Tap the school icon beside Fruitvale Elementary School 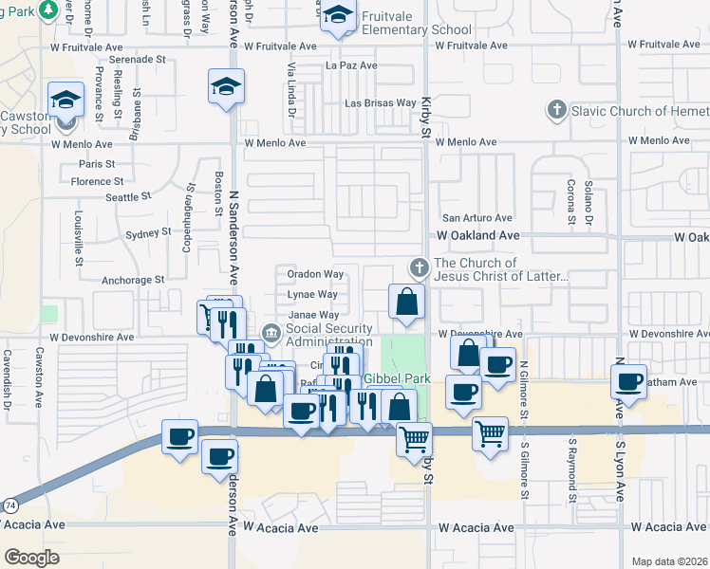[x=337, y=16]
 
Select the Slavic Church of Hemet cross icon [x=557, y=110]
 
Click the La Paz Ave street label [x=351, y=66]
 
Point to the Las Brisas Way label [x=380, y=103]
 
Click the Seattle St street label [x=128, y=197]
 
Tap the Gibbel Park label [x=398, y=379]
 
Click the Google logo [x=31, y=557]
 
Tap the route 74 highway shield [x=8, y=507]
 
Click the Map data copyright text [x=668, y=561]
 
